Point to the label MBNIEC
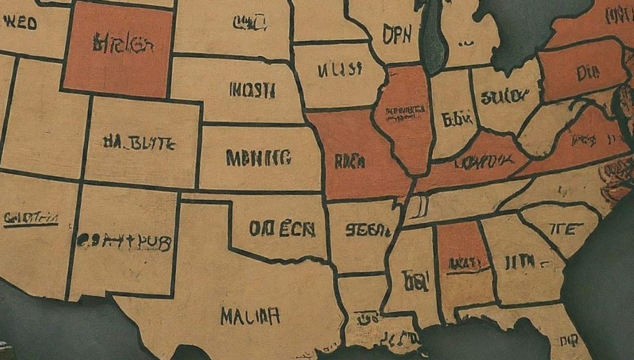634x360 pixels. [258, 158]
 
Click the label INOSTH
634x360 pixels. [252, 90]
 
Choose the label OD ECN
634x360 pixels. [282, 229]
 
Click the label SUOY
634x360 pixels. [501, 96]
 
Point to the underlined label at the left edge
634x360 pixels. [31, 218]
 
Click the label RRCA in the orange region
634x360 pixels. [350, 162]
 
